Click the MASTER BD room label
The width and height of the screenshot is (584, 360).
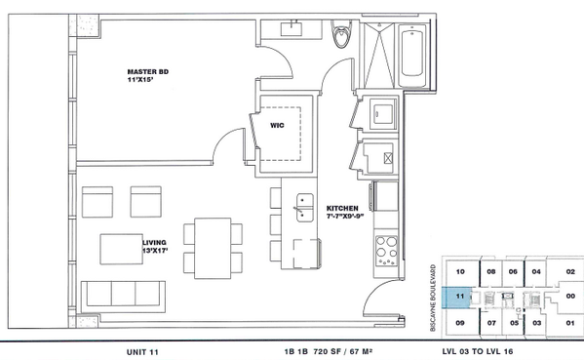coord(148,71)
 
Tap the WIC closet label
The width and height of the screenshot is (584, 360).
coord(277,125)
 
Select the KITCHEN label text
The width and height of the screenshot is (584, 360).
coord(342,209)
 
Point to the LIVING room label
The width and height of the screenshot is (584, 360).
coord(155,243)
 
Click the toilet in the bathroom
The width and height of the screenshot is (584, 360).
coord(341,33)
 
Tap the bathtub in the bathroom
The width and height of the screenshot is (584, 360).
coord(412,55)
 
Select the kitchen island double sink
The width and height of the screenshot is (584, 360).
coord(305,208)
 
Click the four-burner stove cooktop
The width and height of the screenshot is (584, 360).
coord(386,251)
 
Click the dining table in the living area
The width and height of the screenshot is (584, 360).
coord(213,248)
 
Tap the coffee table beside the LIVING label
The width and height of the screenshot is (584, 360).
coord(122,250)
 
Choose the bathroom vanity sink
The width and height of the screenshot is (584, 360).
coord(292,29)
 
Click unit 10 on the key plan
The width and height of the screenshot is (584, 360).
coord(460,271)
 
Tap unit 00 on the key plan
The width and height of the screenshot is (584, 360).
coord(570,297)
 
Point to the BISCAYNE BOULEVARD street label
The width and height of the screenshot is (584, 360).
coord(433,298)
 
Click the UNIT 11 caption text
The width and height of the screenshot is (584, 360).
coord(142,352)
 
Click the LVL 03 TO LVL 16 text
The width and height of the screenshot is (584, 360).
coord(478,351)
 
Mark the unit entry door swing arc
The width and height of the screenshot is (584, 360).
coord(372,290)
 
